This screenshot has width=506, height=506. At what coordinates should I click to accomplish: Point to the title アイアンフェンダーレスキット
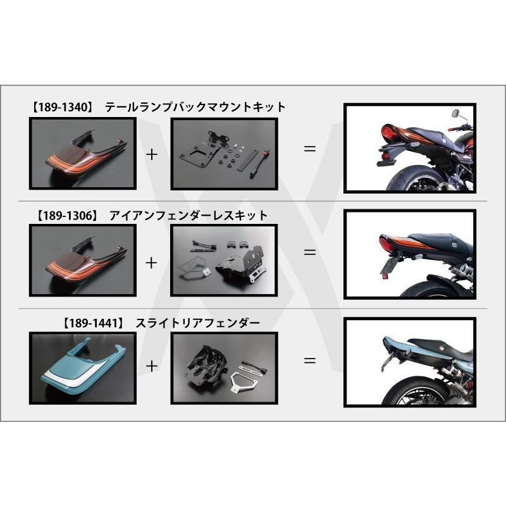188,216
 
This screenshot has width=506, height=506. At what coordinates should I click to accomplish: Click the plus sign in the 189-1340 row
152,154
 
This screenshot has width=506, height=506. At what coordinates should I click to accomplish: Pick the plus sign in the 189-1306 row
151,262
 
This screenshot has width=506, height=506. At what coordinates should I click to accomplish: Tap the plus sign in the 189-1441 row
151,366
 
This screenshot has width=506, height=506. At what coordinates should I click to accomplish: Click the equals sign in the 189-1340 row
309,149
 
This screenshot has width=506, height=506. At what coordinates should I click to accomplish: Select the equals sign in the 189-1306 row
309,252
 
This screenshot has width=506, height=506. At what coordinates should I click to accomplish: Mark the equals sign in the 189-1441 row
309,361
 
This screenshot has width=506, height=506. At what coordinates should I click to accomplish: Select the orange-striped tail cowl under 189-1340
83,154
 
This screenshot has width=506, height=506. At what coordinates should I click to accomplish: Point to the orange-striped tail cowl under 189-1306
83,261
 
